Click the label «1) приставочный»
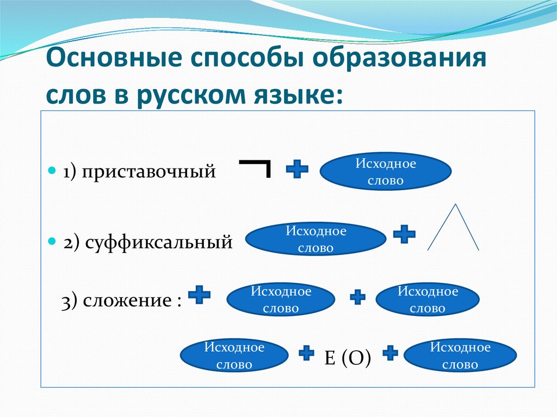click(x=139, y=172)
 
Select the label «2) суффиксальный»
click(x=147, y=242)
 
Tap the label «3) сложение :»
click(x=121, y=301)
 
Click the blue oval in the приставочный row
click(x=386, y=172)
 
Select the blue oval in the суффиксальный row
click(x=315, y=239)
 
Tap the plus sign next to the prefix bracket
click(x=297, y=169)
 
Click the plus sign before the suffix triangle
click(x=404, y=234)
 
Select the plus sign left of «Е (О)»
click(x=307, y=353)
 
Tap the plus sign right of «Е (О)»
click(x=390, y=353)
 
